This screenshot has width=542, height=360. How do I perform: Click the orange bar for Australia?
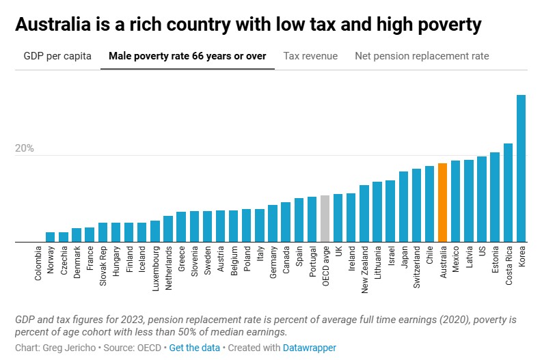442,203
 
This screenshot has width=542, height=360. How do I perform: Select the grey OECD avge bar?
325,219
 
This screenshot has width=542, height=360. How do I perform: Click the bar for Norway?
50,237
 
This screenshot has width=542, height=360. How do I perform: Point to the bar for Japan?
403,207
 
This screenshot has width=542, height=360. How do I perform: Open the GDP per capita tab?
57,56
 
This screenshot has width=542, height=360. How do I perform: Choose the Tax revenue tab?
310,56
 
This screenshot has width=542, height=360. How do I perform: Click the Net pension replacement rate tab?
422,56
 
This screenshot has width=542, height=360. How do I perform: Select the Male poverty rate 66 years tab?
187,56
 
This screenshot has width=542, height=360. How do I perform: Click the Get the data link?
195,348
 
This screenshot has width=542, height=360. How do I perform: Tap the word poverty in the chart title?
446,25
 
